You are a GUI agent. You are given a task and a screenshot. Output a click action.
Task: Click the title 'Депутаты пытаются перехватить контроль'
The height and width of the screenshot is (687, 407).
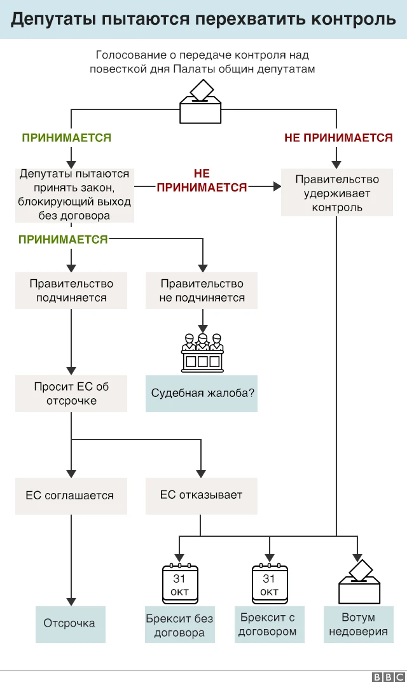[203, 19]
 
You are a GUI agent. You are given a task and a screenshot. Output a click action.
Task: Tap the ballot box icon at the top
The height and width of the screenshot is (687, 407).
[200, 103]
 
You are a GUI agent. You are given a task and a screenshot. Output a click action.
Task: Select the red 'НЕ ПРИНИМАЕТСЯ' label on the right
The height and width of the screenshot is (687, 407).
[338, 137]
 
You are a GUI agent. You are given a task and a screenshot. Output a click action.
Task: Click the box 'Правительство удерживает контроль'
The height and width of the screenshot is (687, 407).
[337, 193]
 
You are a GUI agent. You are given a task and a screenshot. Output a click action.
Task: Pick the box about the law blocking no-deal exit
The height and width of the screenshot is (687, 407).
[74, 195]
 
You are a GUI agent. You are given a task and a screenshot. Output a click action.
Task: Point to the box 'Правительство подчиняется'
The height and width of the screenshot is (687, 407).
[71, 291]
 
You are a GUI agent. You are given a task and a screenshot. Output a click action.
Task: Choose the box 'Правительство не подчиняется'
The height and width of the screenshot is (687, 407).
[202, 291]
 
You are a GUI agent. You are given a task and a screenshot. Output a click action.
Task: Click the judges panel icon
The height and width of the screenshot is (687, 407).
[202, 352]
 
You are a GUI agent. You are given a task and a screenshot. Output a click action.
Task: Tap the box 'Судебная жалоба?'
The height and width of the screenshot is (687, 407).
[202, 393]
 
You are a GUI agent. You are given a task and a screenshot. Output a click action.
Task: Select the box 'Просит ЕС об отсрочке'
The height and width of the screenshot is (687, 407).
[71, 393]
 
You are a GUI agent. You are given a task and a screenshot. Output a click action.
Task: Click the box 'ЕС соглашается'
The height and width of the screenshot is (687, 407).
[71, 496]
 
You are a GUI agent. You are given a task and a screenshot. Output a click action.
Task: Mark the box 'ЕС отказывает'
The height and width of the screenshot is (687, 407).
[202, 496]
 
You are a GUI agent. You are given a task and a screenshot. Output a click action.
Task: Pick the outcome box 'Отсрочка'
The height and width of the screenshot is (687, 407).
[70, 623]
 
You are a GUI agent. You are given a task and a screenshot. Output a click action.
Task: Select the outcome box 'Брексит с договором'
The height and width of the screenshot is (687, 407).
[268, 624]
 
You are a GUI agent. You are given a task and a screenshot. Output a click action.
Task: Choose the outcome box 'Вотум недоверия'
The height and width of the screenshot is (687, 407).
[358, 624]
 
